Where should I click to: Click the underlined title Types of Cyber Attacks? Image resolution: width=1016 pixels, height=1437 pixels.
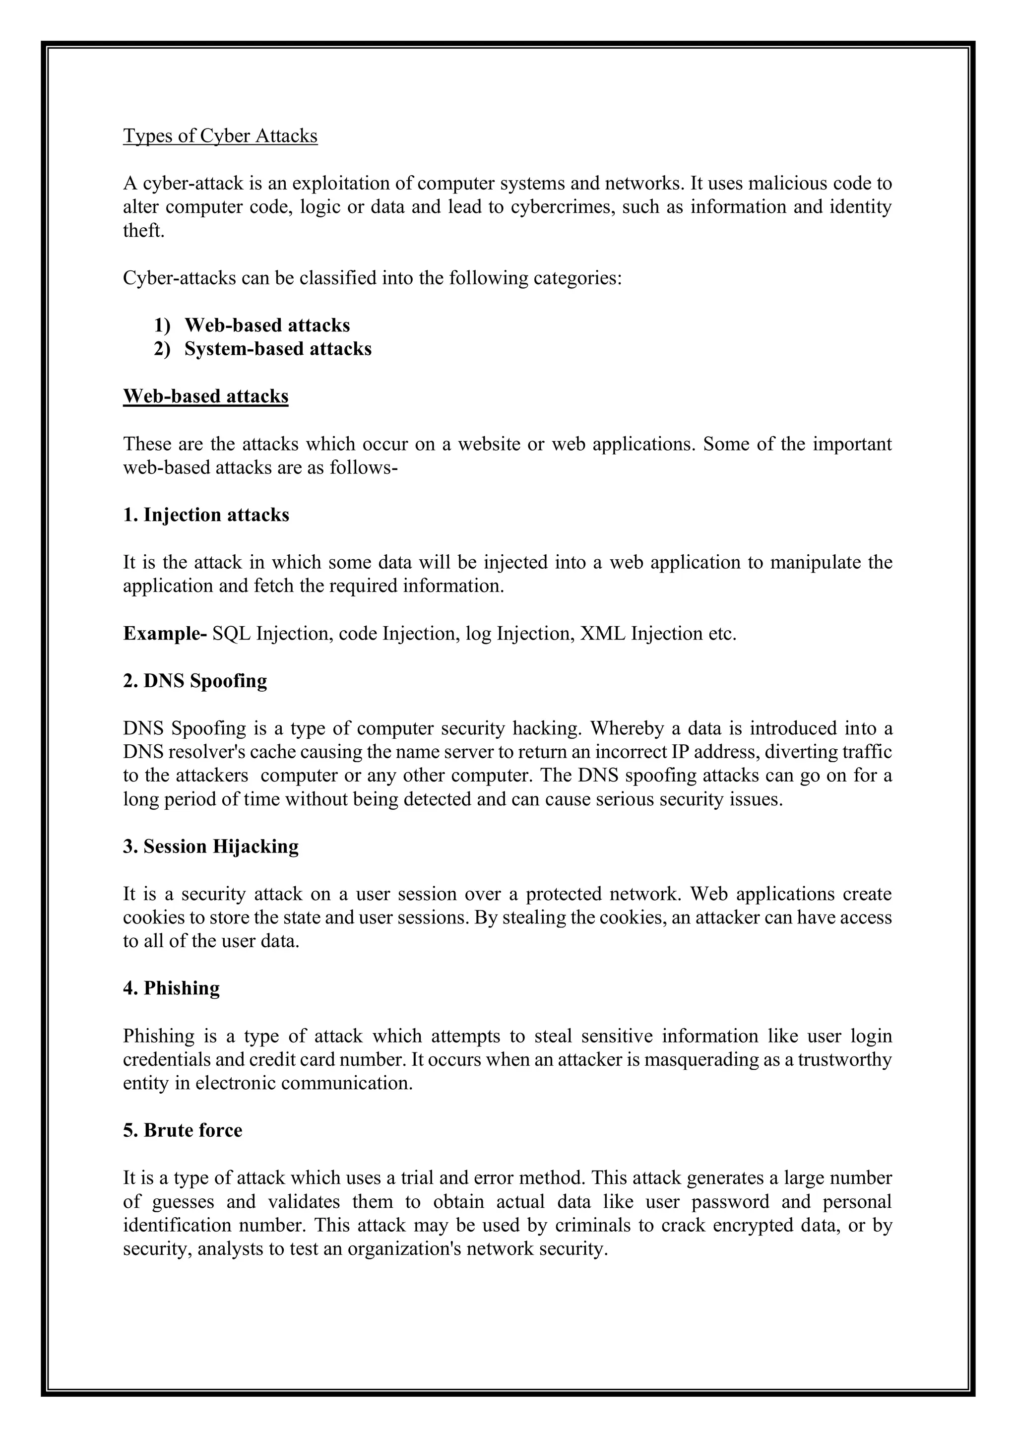tap(220, 136)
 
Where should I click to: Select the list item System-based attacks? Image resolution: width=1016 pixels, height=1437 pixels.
tap(278, 349)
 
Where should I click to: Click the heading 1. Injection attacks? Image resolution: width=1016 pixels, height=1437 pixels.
tap(206, 515)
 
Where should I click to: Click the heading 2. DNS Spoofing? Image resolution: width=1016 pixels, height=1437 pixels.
tap(194, 680)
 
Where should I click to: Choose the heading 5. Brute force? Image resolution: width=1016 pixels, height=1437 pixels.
tap(182, 1130)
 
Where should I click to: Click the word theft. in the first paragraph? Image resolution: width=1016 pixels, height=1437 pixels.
tap(143, 230)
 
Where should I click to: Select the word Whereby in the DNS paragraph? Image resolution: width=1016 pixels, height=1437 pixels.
tap(626, 728)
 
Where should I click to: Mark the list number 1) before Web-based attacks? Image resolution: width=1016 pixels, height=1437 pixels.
tap(162, 326)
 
